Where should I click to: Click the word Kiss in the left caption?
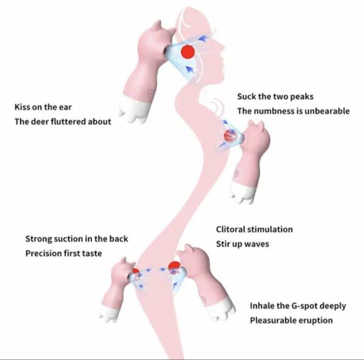click(22, 107)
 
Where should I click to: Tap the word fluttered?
click(68, 121)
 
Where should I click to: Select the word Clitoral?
click(231, 229)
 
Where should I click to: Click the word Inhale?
click(261, 306)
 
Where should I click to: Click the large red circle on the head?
click(187, 52)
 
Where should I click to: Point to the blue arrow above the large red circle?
click(203, 38)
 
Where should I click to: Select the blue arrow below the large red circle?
click(190, 69)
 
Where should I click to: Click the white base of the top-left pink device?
click(135, 111)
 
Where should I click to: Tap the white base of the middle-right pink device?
click(242, 193)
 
